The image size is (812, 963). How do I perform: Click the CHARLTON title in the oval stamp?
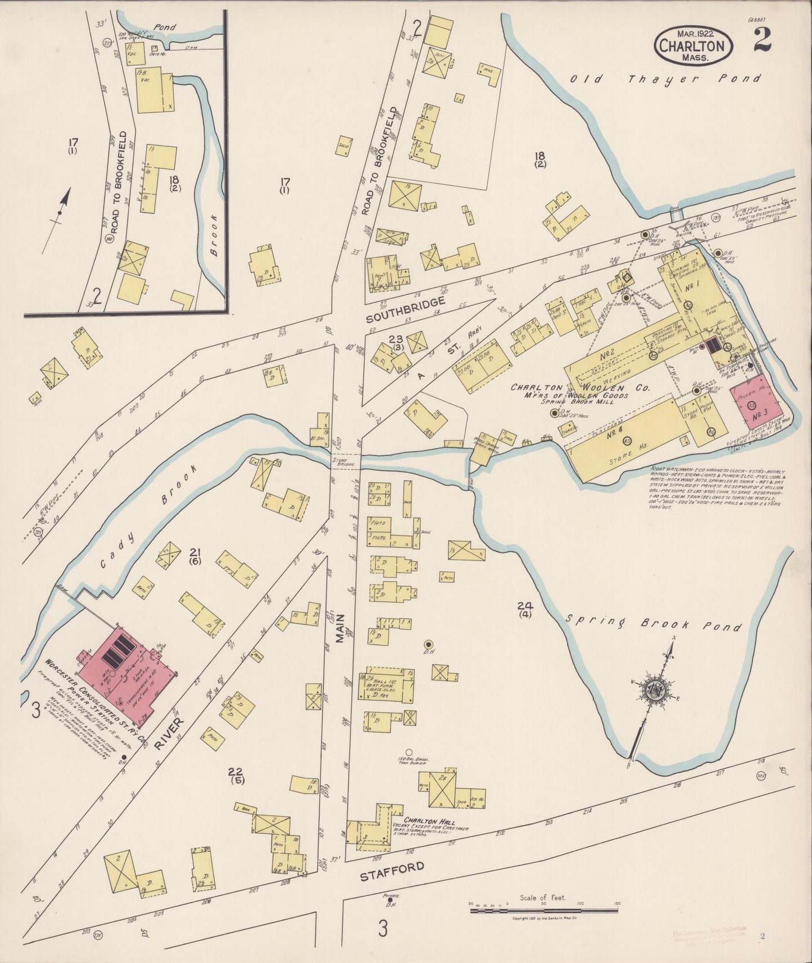pyautogui.click(x=695, y=46)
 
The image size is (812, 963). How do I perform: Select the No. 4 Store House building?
pyautogui.click(x=624, y=440)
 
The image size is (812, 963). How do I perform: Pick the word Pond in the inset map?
pyautogui.click(x=166, y=26)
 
